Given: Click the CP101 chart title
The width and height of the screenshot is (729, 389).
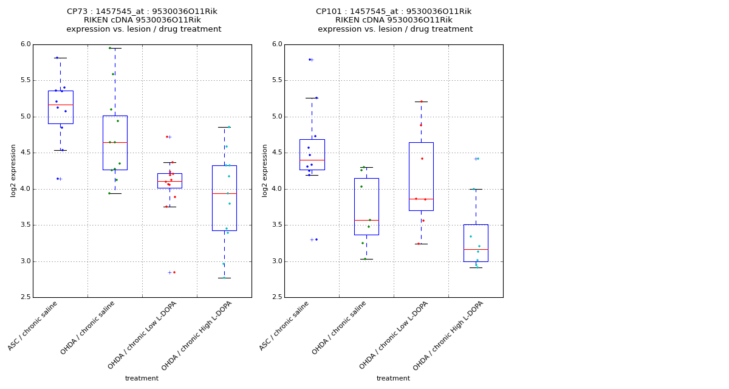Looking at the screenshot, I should point(394,20).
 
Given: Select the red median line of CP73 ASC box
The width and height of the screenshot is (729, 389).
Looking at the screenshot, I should point(60,105).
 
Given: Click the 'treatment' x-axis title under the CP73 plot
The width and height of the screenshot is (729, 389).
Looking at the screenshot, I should point(142,379).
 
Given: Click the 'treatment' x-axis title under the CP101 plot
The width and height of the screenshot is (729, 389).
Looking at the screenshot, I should point(393,379).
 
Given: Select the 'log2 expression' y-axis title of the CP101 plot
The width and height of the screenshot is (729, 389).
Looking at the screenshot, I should point(265,171).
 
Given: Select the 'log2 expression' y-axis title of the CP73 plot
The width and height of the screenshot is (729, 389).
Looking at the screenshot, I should point(14,171).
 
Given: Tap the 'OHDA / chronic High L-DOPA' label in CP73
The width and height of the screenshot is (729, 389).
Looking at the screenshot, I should point(197,336).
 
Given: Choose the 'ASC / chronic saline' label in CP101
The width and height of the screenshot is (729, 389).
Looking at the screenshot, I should point(285,326).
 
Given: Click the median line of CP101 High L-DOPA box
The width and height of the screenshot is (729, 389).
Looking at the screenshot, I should point(476,249).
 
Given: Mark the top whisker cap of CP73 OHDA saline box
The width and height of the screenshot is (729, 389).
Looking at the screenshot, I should point(115,48).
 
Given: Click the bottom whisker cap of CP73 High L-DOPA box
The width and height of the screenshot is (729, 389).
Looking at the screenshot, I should point(224,278).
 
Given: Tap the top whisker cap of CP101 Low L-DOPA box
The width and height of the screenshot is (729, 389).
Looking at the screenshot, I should point(421,102).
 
